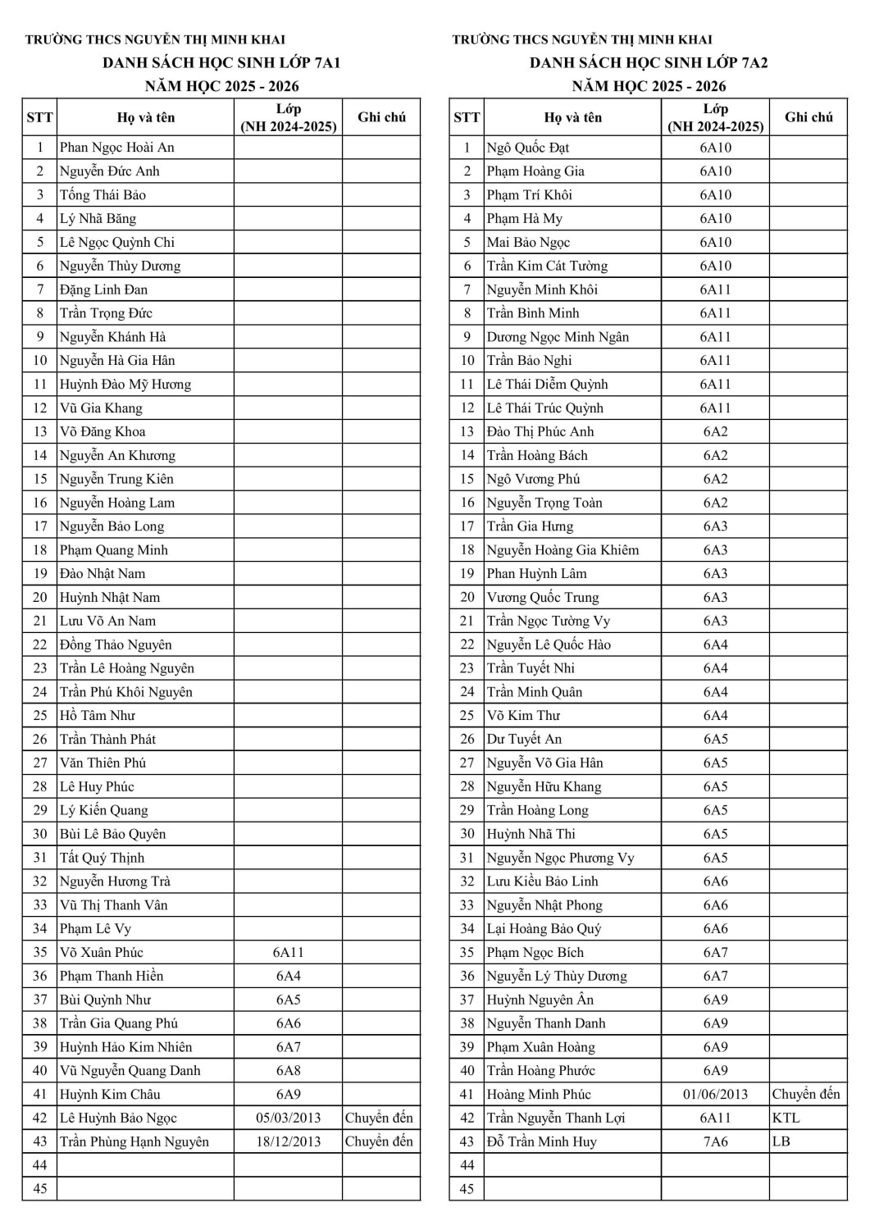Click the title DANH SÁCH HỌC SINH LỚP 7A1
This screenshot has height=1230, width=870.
pyautogui.click(x=221, y=62)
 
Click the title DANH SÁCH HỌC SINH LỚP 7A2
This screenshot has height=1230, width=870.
pyautogui.click(x=649, y=62)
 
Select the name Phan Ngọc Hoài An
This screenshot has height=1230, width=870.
pyautogui.click(x=117, y=148)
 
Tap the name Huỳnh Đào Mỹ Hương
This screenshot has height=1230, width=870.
pyautogui.click(x=125, y=384)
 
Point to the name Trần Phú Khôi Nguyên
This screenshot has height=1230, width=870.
pyautogui.click(x=126, y=692)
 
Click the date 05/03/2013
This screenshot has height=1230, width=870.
pyautogui.click(x=289, y=1118)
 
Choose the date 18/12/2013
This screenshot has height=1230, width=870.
pyautogui.click(x=289, y=1141)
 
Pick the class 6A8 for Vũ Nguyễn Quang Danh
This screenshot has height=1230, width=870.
pyautogui.click(x=289, y=1070)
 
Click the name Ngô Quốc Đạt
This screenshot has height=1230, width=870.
pyautogui.click(x=528, y=148)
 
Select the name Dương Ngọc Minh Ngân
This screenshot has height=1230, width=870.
pyautogui.click(x=558, y=337)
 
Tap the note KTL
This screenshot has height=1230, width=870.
pyautogui.click(x=786, y=1118)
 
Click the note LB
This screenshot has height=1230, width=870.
pyautogui.click(x=781, y=1141)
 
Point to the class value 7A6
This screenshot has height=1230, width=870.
pyautogui.click(x=715, y=1141)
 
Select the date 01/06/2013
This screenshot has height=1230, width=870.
pyautogui.click(x=715, y=1094)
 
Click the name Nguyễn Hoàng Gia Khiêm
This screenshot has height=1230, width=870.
pyautogui.click(x=563, y=550)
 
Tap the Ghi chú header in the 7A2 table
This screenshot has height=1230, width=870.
pyautogui.click(x=809, y=117)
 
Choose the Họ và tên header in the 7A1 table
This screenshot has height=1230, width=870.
pyautogui.click(x=146, y=117)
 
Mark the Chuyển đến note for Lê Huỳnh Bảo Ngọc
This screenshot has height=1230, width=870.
pyautogui.click(x=380, y=1118)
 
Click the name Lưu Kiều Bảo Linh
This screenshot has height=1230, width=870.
pyautogui.click(x=543, y=881)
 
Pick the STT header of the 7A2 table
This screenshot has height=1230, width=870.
pyautogui.click(x=467, y=117)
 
